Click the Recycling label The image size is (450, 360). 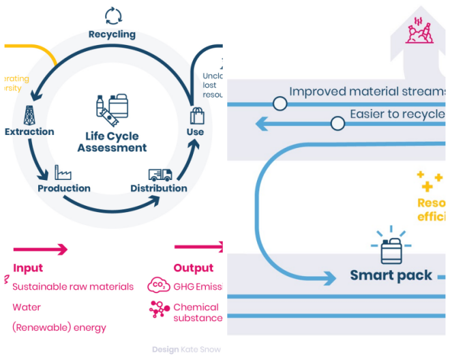[x=112, y=34]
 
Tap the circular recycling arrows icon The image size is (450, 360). [x=112, y=15]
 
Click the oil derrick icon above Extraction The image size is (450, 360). [x=29, y=114]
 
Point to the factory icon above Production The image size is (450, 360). [x=63, y=172]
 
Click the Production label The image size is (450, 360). [x=64, y=188]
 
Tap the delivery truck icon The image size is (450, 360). [x=160, y=175]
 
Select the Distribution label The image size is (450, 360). [x=159, y=188]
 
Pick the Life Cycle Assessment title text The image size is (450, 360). [x=112, y=141]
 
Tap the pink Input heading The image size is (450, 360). [x=28, y=268]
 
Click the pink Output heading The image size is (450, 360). [x=194, y=268]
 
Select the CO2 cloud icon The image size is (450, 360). [x=158, y=286]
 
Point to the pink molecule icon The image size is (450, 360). [x=159, y=310]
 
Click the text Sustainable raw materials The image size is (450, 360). [x=73, y=286]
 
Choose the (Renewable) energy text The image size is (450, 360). [x=59, y=327]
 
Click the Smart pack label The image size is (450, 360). [x=391, y=275]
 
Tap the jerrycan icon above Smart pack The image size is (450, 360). [x=391, y=251]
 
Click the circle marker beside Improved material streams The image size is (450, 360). [x=280, y=104]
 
